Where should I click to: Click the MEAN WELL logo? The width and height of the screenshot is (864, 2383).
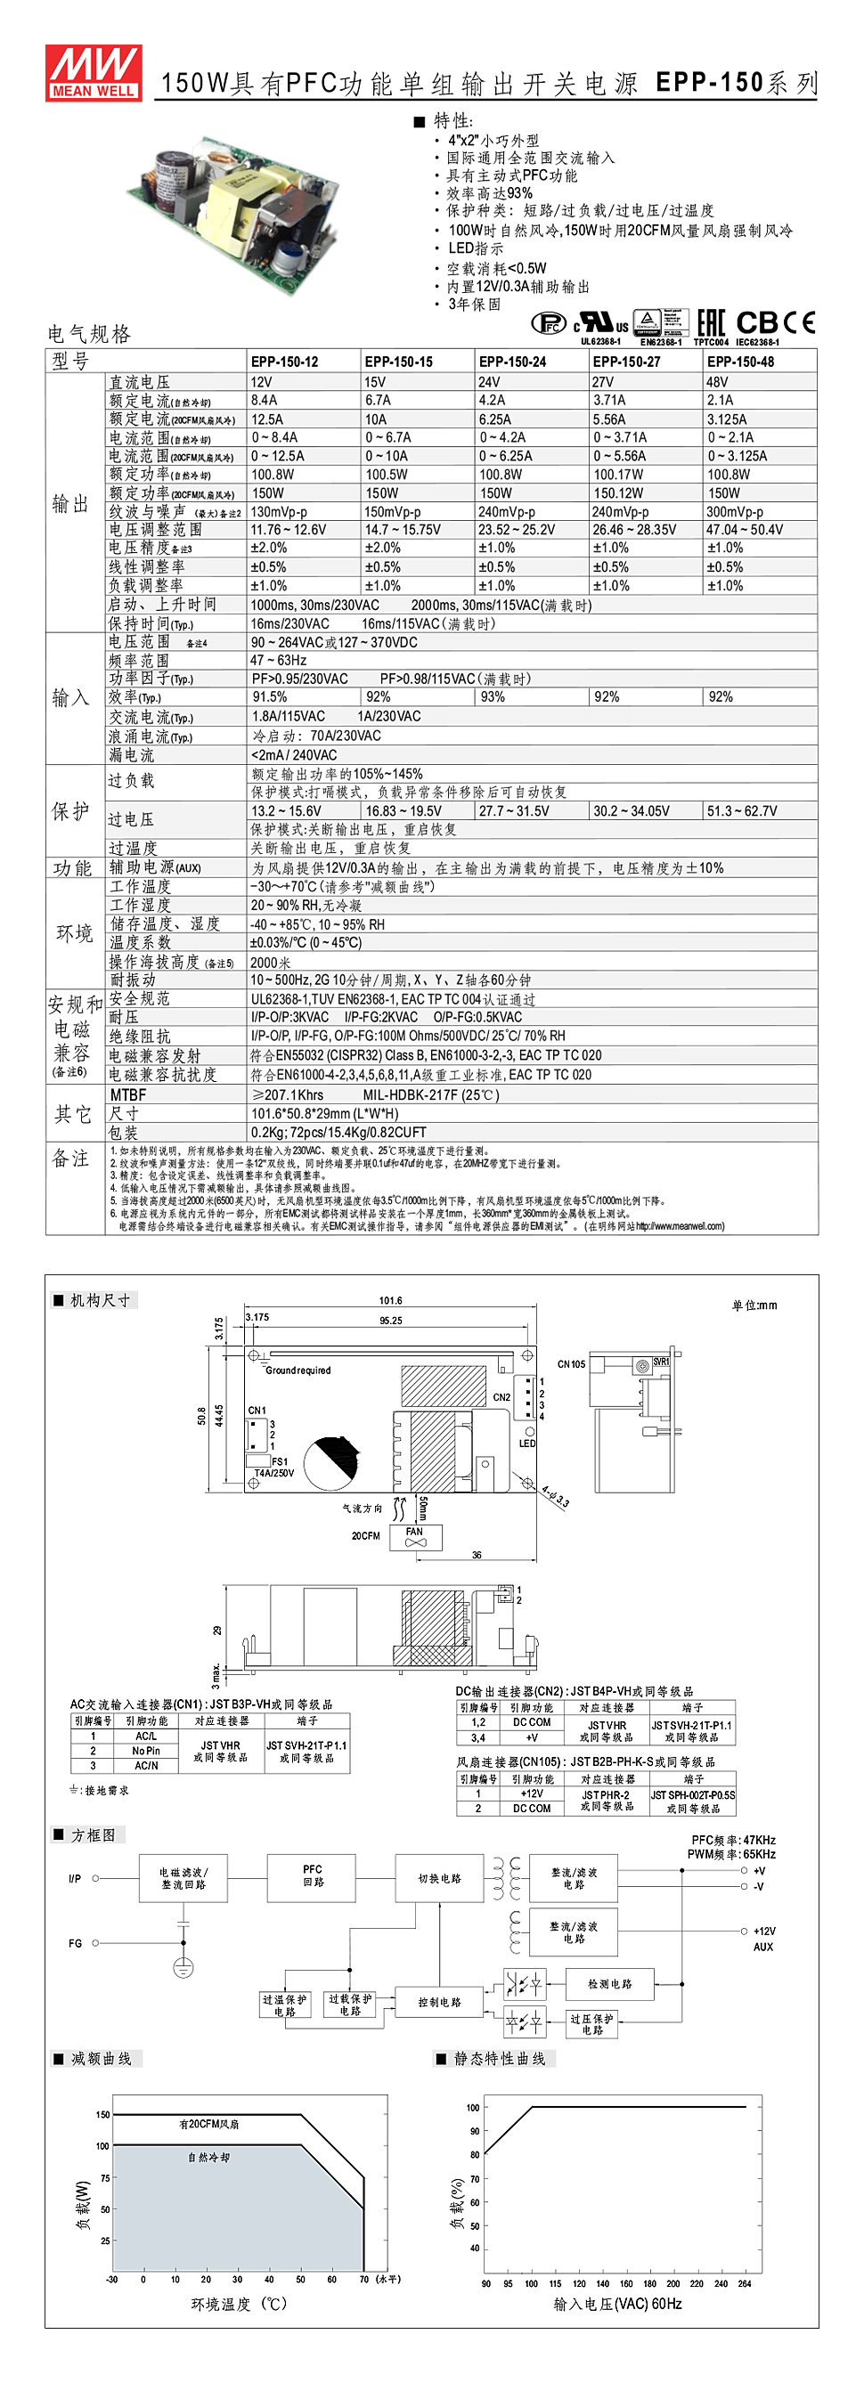pos(94,72)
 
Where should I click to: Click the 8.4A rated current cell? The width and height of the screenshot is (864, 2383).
pos(265,401)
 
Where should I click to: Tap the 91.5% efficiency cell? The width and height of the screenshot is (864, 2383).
pos(269,697)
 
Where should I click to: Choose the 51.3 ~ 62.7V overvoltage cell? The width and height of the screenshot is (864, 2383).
pos(742,811)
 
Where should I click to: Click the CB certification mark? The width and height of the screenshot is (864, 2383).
pos(757,323)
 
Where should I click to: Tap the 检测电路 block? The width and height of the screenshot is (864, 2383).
pos(608,1984)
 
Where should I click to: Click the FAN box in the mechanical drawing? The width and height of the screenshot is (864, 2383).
pos(414,1536)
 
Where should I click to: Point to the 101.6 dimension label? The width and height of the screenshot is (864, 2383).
pos(390,1301)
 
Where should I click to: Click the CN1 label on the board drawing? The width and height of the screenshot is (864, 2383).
pos(257,1411)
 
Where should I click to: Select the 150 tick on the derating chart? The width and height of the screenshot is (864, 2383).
pos(102,2115)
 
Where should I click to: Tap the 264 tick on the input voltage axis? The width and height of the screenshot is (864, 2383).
pos(745,2284)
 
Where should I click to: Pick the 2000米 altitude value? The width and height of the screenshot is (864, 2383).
pos(271,962)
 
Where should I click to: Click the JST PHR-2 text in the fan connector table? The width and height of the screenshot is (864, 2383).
pos(607,1794)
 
